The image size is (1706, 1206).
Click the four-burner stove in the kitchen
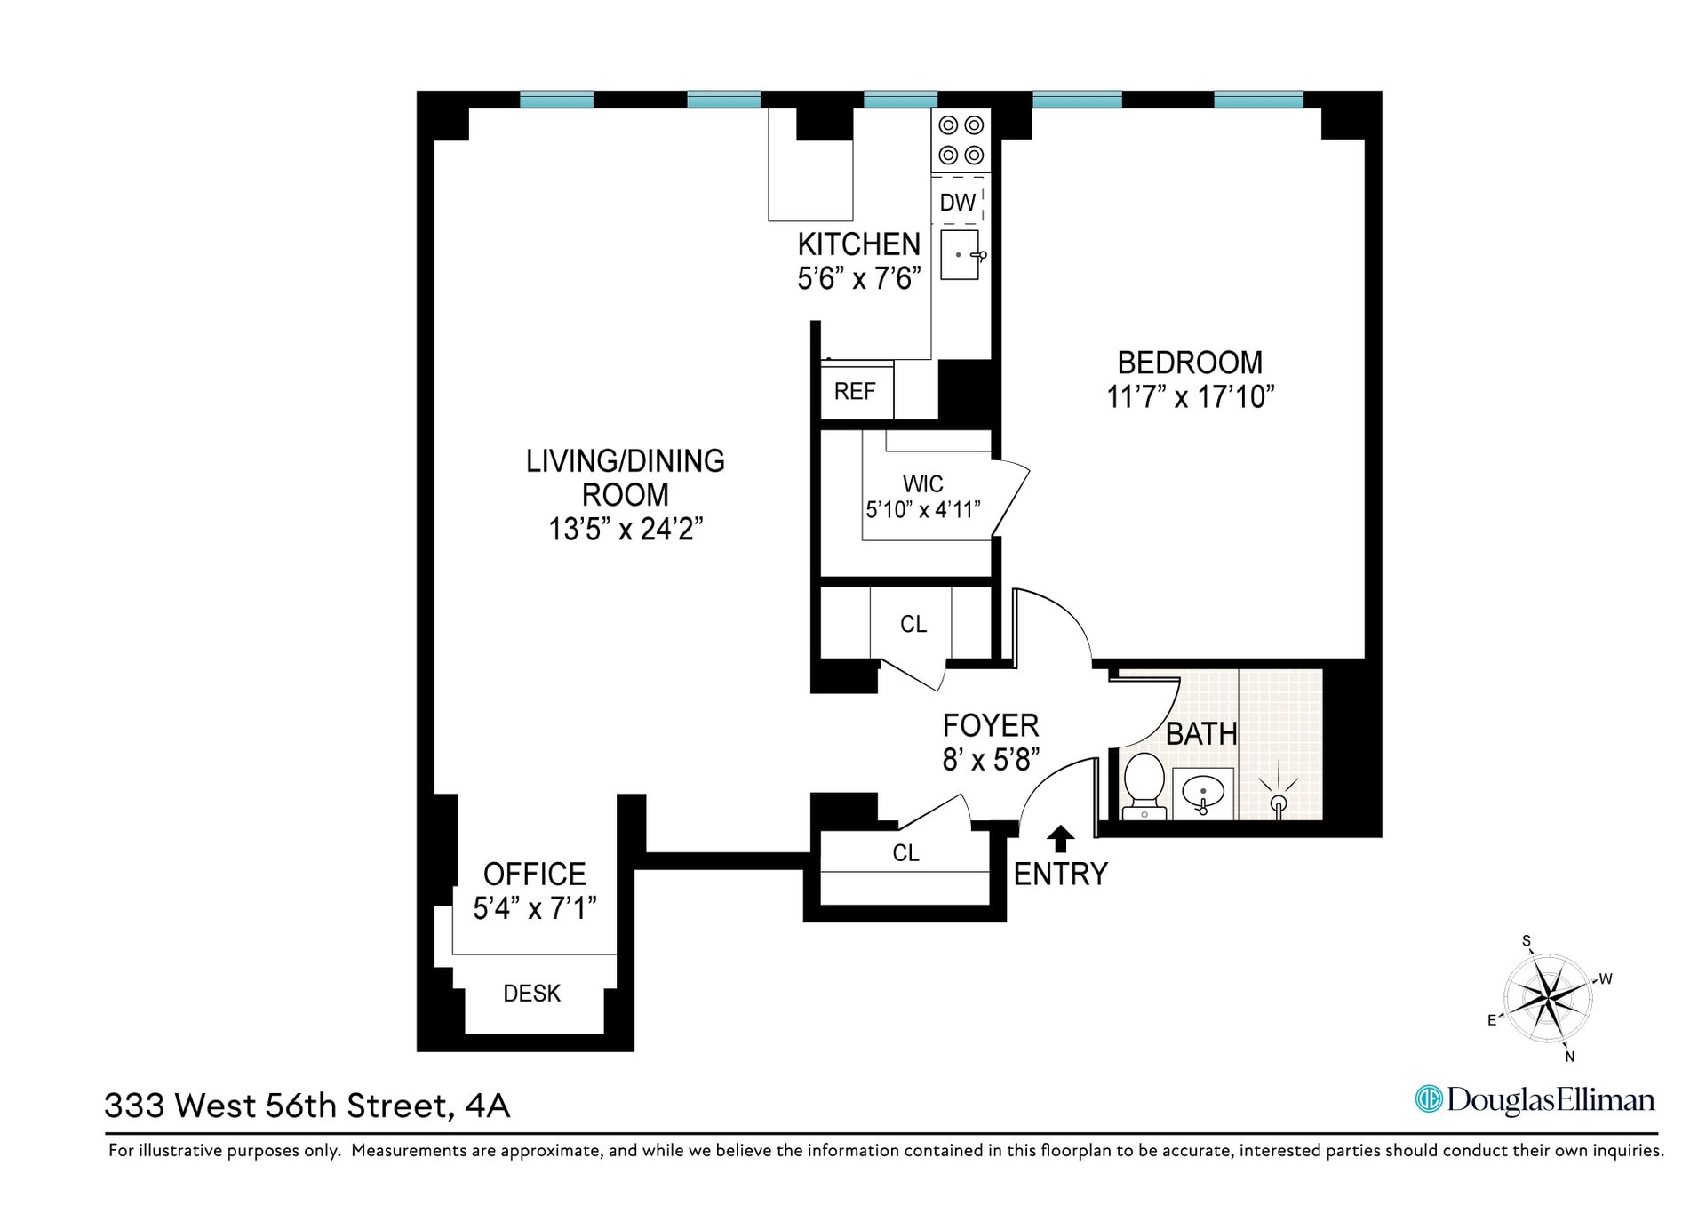point(961,140)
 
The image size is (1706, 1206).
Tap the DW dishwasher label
point(958,203)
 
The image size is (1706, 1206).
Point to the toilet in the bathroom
point(1144,786)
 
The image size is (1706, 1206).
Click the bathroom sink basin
point(1203,792)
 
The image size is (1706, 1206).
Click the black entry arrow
point(1060,838)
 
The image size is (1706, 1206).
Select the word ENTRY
point(1061,875)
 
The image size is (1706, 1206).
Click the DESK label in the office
point(532,994)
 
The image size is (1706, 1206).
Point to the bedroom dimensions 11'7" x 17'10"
point(1190,396)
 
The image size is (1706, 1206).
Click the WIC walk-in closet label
point(923,484)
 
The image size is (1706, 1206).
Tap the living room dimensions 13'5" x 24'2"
point(626,530)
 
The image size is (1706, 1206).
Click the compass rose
point(1549,997)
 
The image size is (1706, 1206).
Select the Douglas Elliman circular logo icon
point(1429,1099)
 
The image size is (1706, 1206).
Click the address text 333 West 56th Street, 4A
point(307,1106)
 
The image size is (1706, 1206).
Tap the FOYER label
point(991,726)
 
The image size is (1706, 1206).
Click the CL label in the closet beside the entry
point(905,853)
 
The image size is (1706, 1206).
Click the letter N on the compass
point(1570,1057)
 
